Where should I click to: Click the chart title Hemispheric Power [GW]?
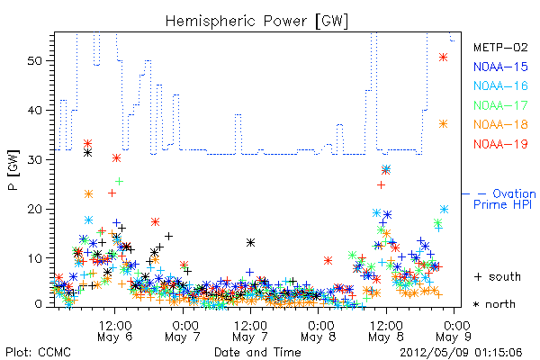point(256,21)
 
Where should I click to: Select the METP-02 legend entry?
point(500,47)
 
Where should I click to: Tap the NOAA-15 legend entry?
point(500,67)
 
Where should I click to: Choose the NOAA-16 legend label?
point(500,85)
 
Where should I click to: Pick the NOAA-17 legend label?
point(500,105)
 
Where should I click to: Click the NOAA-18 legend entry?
point(500,124)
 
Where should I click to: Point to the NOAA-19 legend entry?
point(500,144)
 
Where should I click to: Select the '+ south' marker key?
point(498,276)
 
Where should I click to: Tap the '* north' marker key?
point(494,304)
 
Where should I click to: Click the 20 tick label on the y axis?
point(34,209)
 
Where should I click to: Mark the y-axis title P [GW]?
point(13,170)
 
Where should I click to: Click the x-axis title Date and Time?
point(257,352)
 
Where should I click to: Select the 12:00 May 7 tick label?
point(250,331)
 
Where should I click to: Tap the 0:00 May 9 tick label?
point(454,331)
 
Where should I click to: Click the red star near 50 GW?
point(443,58)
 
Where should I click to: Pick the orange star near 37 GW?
point(443,124)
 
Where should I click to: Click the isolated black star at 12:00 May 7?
point(251,242)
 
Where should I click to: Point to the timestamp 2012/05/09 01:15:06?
point(461,353)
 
